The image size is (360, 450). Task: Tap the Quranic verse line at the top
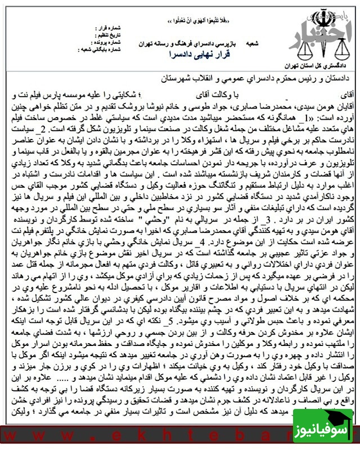click(x=185, y=21)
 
